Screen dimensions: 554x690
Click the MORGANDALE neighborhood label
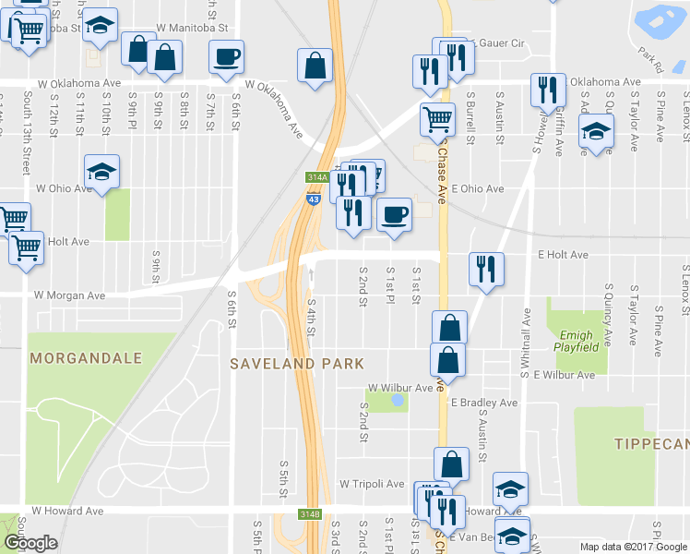pos(86,357)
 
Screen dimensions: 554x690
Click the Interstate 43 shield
pos(315,198)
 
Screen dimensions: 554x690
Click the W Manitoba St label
pos(191,29)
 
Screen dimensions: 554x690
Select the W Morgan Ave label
pos(69,296)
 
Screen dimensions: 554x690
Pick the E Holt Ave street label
pos(563,255)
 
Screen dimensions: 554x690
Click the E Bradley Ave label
pos(484,403)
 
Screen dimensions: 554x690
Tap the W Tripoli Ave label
pos(372,483)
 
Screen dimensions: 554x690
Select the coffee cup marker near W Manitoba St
pos(226,56)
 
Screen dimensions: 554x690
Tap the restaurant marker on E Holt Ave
pos(485,269)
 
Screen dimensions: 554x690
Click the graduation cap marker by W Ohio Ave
pos(101,171)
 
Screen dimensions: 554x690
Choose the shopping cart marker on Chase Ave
pos(437,118)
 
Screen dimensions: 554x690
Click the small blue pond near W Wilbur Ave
pos(397,400)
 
